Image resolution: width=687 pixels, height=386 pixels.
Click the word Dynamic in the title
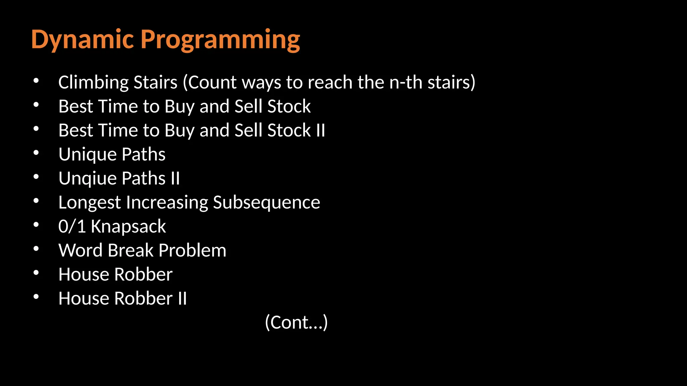[x=83, y=40]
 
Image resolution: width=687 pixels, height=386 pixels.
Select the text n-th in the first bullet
[x=406, y=82]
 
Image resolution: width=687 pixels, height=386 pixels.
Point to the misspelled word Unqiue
[x=88, y=178]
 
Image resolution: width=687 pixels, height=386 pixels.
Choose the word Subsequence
[x=266, y=202]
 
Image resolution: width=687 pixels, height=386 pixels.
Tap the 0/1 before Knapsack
[x=72, y=226]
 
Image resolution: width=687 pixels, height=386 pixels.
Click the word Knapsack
[x=128, y=227]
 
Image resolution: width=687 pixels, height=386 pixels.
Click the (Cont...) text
[x=296, y=322]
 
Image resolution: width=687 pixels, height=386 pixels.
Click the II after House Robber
[x=182, y=298]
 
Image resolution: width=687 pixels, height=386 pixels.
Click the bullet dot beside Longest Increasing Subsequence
[x=36, y=201]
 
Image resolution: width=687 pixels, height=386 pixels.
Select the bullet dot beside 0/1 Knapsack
[x=36, y=225]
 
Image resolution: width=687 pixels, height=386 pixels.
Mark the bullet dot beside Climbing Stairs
[x=36, y=81]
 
